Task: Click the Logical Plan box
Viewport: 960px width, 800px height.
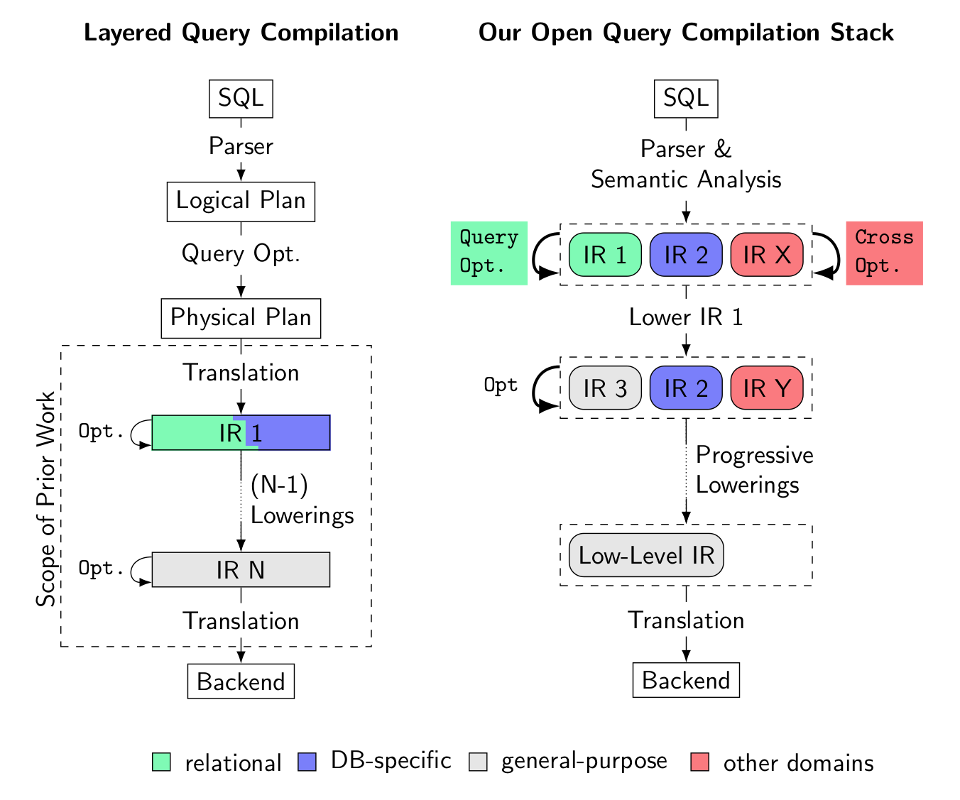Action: pos(241,202)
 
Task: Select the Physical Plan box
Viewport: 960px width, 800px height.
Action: pos(241,318)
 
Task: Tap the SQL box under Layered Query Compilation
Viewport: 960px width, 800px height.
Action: pos(241,98)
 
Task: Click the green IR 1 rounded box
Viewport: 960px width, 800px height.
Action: pos(605,254)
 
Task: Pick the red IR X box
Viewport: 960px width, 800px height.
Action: pos(767,254)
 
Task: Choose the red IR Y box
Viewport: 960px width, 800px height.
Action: pos(767,388)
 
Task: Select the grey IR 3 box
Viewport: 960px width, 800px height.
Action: pos(605,388)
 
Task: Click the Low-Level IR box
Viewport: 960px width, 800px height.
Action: pos(646,555)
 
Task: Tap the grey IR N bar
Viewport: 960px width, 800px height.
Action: pos(241,570)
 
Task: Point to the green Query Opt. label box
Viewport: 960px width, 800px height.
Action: pos(489,253)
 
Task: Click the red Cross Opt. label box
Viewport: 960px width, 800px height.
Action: pos(884,253)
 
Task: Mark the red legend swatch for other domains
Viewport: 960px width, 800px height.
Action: pos(699,762)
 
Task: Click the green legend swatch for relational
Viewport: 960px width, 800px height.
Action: pos(161,762)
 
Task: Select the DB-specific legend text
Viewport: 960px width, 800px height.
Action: pos(391,761)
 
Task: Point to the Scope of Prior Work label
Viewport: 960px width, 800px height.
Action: pos(46,499)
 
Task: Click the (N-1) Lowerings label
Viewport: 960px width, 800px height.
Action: pos(302,500)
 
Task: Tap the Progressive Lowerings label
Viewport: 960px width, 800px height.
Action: pos(754,470)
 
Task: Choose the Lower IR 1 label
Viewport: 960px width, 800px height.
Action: pos(686,317)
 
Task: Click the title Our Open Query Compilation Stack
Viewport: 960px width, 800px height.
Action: pos(686,33)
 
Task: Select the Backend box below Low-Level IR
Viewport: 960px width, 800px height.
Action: pos(686,680)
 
